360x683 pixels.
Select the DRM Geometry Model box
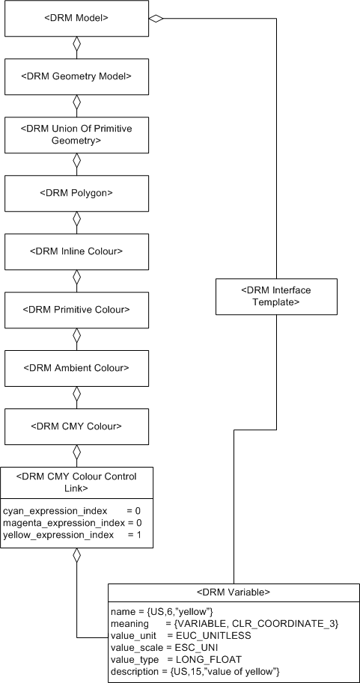76,76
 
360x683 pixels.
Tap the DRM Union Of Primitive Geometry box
76,135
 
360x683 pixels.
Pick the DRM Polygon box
76,193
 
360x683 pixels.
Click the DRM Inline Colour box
76,251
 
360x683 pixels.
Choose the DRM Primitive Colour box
76,309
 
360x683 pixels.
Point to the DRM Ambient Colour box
76,367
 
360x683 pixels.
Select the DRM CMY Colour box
76,426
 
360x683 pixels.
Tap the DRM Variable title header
233,592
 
